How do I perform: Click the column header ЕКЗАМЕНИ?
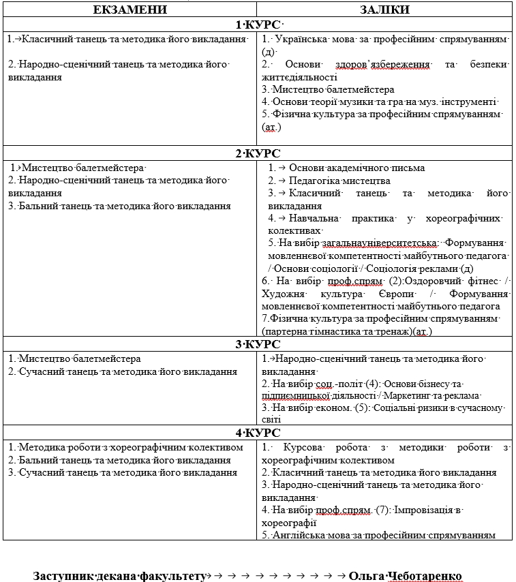coord(129,10)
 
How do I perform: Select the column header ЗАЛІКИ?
coord(385,10)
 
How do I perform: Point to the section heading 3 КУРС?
coord(258,344)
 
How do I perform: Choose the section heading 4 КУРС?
coord(258,433)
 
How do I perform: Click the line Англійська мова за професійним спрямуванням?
coord(379,535)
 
